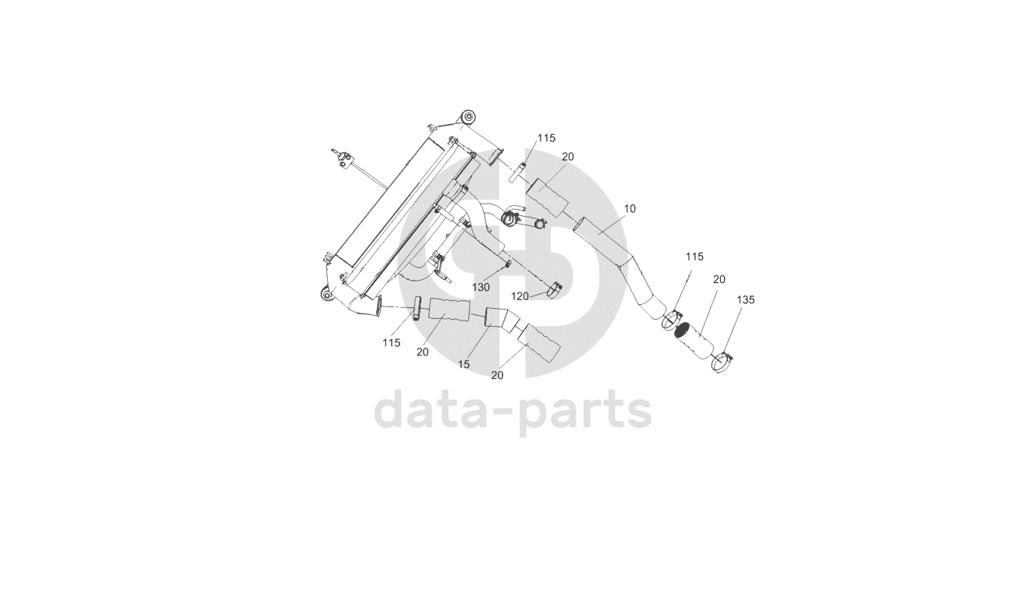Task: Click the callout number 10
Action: (630, 209)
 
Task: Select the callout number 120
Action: (520, 296)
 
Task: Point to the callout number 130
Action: (481, 287)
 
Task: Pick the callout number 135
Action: (745, 299)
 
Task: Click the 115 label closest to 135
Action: (694, 257)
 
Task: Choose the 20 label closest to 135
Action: (719, 279)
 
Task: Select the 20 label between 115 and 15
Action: (422, 352)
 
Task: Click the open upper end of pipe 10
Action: (580, 226)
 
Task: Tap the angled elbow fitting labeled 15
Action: (498, 318)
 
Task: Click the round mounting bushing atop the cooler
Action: (467, 118)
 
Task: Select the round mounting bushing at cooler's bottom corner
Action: (326, 294)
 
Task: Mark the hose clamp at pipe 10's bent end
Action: (672, 318)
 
